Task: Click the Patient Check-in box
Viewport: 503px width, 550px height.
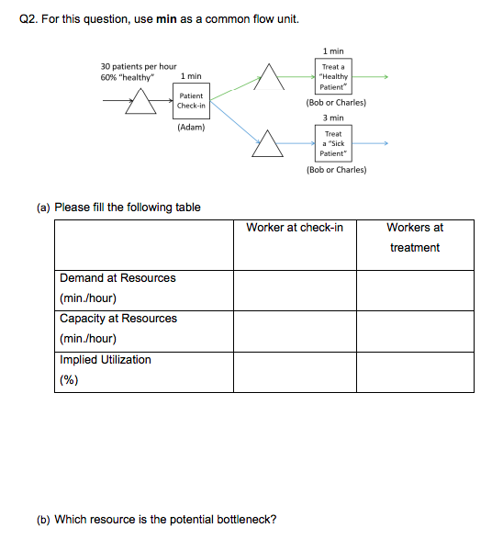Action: [192, 100]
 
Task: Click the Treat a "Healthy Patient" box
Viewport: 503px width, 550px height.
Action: [333, 77]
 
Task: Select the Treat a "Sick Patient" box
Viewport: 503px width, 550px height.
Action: [333, 144]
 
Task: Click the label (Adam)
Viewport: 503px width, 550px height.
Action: [191, 127]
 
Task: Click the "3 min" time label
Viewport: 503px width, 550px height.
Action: [333, 118]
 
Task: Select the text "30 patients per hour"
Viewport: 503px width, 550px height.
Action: [138, 66]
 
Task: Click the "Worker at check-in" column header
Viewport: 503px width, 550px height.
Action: [295, 228]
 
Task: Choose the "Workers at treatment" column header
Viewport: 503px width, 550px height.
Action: [415, 237]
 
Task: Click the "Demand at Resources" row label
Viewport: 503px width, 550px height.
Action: [117, 278]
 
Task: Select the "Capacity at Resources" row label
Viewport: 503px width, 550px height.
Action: [118, 319]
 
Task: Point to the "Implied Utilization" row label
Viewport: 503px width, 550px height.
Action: [106, 360]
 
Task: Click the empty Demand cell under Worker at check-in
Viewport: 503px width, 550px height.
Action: [295, 288]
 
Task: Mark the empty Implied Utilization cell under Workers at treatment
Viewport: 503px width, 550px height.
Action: [415, 371]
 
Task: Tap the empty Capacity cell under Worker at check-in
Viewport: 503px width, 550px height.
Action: [295, 330]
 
